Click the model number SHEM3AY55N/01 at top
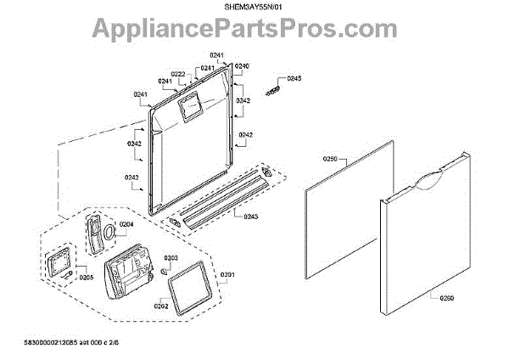(254, 8)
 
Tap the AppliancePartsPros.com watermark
(255, 31)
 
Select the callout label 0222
(178, 74)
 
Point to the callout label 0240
(242, 66)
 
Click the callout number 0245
(294, 79)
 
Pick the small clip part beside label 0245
(273, 88)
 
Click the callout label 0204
(126, 224)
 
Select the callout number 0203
(171, 257)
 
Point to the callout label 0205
(86, 277)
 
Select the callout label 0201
(228, 274)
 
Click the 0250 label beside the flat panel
(329, 159)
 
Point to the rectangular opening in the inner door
(188, 106)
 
